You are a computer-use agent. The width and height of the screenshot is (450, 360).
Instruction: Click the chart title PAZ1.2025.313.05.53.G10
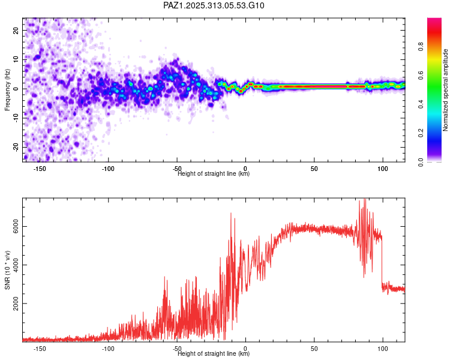(214, 6)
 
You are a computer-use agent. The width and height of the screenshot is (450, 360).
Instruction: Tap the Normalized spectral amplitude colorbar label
(446, 90)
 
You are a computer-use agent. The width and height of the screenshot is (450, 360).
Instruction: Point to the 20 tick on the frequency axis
(16, 31)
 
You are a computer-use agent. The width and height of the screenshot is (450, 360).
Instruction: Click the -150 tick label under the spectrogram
(40, 169)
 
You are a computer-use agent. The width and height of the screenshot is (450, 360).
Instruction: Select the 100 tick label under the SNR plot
(383, 349)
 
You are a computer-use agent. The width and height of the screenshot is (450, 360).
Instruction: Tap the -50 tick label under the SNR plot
(177, 349)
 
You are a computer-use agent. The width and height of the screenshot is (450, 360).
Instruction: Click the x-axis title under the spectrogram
(214, 174)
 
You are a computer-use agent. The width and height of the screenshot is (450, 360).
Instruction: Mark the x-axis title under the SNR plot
(214, 353)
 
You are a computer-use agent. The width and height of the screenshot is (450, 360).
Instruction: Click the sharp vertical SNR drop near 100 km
(383, 264)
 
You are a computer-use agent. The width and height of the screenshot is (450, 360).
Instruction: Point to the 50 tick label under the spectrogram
(314, 169)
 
